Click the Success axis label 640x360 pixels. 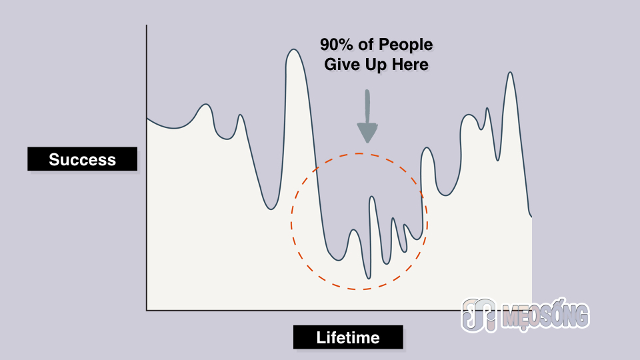tap(83, 159)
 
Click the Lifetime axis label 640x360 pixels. tap(348, 337)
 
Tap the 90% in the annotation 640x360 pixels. tap(336, 45)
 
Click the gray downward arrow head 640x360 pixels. tap(367, 132)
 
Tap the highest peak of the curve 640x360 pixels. tap(293, 50)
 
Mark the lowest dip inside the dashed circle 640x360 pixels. tap(369, 278)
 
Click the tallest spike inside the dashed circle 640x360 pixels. tap(372, 197)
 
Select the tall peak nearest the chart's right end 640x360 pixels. tap(510, 73)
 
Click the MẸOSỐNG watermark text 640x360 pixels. tap(547, 315)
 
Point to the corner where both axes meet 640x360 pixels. tap(147, 310)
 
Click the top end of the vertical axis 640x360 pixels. tap(147, 25)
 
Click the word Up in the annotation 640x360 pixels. tap(376, 65)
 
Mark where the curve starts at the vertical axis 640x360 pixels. tap(147, 119)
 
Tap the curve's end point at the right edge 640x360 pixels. tap(531, 216)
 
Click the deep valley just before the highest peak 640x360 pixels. tap(271, 209)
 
